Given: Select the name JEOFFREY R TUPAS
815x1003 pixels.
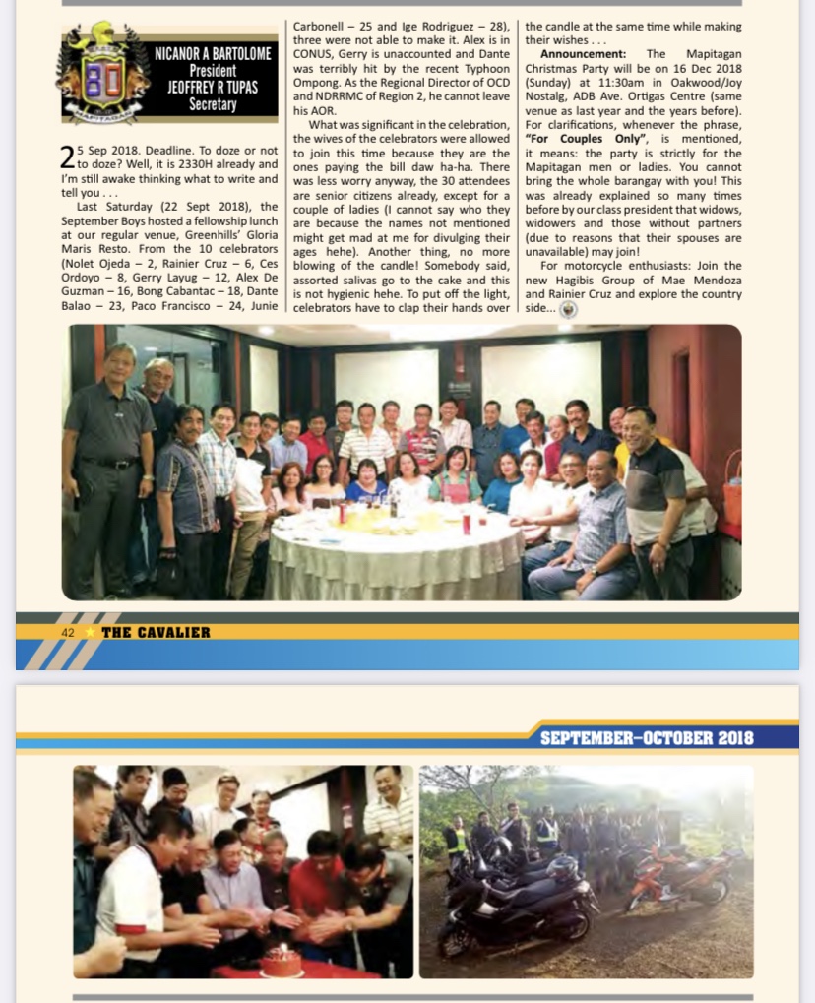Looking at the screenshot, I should click(213, 87).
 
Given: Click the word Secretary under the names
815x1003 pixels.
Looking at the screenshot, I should click(213, 103).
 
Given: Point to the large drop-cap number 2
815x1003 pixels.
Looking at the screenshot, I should click(66, 156).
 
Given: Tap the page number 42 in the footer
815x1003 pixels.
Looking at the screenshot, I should click(68, 632).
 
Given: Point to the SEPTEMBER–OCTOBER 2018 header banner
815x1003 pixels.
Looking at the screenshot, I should click(646, 737).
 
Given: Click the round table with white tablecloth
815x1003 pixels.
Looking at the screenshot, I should click(394, 551).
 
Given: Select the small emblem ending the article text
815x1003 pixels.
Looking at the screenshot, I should click(568, 308).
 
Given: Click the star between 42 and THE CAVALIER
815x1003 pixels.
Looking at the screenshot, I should click(88, 632).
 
